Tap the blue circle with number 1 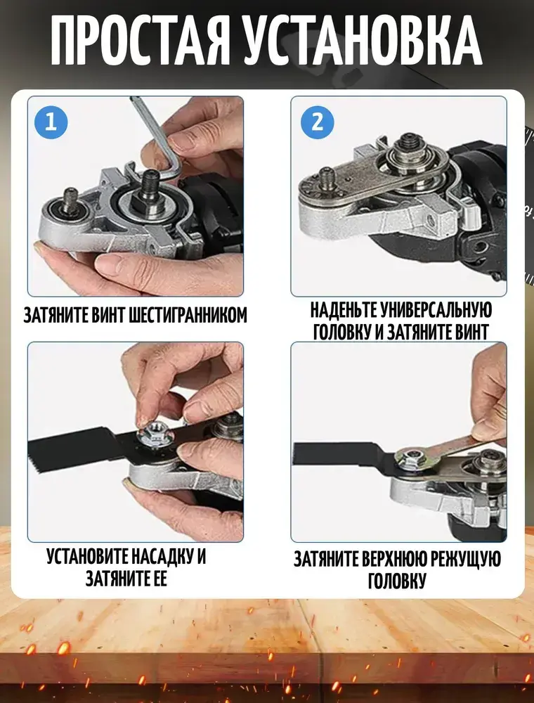pyautogui.click(x=51, y=122)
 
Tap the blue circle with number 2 pyautogui.click(x=317, y=122)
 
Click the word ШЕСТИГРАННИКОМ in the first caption pyautogui.click(x=188, y=315)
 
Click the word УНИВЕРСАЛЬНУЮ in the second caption pyautogui.click(x=437, y=310)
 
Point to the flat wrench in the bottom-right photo pyautogui.click(x=448, y=453)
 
